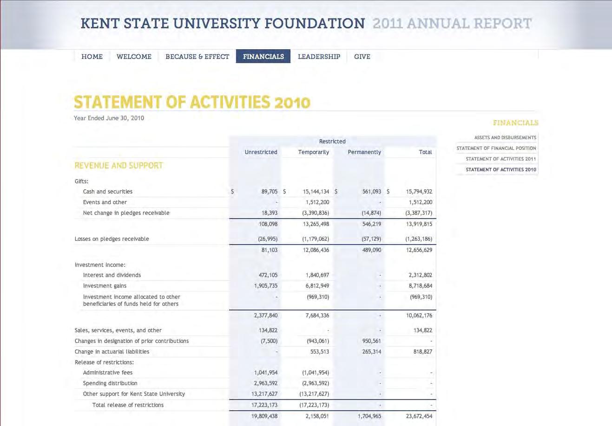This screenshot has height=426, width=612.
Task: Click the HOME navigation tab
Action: pyautogui.click(x=92, y=57)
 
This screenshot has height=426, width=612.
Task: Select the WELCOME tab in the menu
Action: pyautogui.click(x=134, y=57)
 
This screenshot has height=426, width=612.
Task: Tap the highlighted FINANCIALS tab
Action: pyautogui.click(x=263, y=57)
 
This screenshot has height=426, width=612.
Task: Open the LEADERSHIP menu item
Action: pyautogui.click(x=319, y=57)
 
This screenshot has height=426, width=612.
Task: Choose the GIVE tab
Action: pyautogui.click(x=362, y=57)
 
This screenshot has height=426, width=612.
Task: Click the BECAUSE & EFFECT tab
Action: pyautogui.click(x=197, y=57)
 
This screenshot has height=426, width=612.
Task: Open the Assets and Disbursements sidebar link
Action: pyautogui.click(x=505, y=137)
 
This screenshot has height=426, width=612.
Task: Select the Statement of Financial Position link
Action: pyautogui.click(x=496, y=148)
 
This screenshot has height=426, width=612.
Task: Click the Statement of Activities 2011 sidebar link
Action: pyautogui.click(x=501, y=159)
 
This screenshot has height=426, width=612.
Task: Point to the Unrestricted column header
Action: pyautogui.click(x=261, y=152)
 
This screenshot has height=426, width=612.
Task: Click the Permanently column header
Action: pyautogui.click(x=364, y=152)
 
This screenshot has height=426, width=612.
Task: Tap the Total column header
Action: pyautogui.click(x=425, y=152)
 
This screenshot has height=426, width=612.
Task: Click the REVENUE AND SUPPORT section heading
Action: pyautogui.click(x=119, y=166)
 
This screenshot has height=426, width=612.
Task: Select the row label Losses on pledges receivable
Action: pyautogui.click(x=112, y=239)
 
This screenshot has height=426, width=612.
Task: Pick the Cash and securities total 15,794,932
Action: pyautogui.click(x=419, y=191)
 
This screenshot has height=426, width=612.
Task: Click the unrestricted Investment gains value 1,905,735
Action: pyautogui.click(x=265, y=286)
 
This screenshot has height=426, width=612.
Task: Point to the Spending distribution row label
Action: pyautogui.click(x=110, y=383)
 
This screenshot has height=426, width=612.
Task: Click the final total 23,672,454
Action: pyautogui.click(x=419, y=416)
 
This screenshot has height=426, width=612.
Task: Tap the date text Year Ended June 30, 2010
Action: pyautogui.click(x=109, y=118)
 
